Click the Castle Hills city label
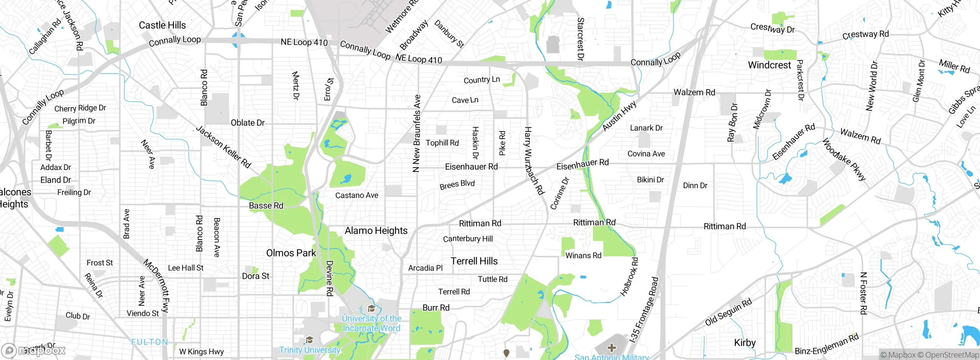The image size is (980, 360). click(162, 25)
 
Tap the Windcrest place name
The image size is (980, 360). click(769, 65)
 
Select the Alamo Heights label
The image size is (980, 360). click(376, 231)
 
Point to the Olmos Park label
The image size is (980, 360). click(291, 253)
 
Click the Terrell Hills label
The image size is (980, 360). click(474, 261)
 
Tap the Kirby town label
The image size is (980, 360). click(745, 342)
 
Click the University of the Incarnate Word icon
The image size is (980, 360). click(371, 309)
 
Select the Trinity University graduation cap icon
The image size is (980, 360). click(309, 340)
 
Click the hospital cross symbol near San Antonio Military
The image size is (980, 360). click(611, 348)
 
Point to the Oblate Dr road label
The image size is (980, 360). click(248, 123)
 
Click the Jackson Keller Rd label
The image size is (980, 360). click(224, 147)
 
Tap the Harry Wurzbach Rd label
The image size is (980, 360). click(534, 161)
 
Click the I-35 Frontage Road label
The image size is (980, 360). click(644, 309)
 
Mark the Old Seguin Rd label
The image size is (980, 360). click(728, 312)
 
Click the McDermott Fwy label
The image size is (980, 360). click(156, 285)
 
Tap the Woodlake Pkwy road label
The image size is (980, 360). click(844, 160)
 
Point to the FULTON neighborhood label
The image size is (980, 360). click(149, 342)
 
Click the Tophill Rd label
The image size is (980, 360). click(442, 143)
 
